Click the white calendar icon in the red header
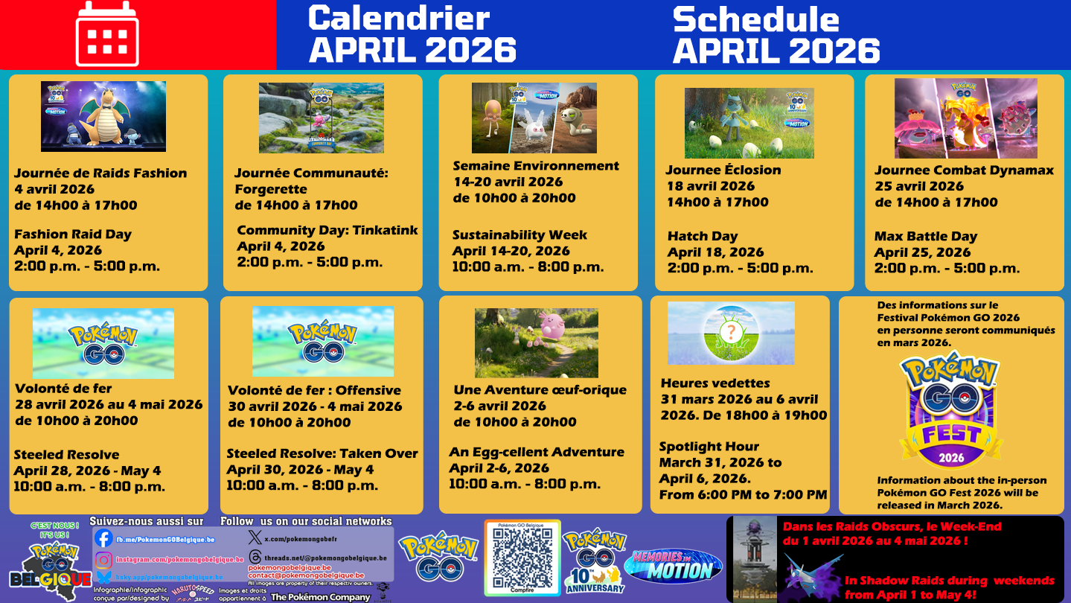tap(107, 34)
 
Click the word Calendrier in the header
tap(398, 18)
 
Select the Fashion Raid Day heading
tap(73, 234)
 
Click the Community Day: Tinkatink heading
tap(327, 230)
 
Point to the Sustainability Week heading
tap(519, 235)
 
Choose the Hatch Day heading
tap(703, 236)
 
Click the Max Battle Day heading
tap(926, 236)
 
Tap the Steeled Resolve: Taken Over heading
tap(322, 453)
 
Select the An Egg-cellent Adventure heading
tap(537, 452)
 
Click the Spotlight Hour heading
tap(709, 447)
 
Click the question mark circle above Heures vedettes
tap(731, 332)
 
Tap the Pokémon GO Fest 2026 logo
tap(951, 410)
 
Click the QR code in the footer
tap(522, 558)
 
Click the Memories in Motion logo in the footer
tap(673, 565)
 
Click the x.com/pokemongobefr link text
tap(301, 537)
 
